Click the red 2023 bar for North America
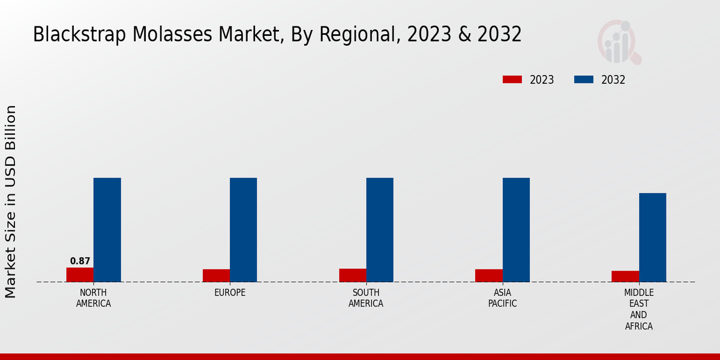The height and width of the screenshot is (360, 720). (x=80, y=274)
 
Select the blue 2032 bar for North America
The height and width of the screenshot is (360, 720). (x=107, y=230)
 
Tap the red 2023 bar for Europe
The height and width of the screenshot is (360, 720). (x=216, y=275)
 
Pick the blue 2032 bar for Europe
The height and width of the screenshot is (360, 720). (x=243, y=230)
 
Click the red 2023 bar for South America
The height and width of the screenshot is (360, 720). (x=352, y=275)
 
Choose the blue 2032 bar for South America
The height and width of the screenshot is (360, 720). (x=380, y=230)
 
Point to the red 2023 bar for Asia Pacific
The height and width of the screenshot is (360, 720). (x=488, y=275)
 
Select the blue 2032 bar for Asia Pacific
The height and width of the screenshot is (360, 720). (x=516, y=230)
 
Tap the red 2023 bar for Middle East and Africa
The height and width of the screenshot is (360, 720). (x=625, y=276)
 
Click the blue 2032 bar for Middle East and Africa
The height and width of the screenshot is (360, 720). (x=652, y=237)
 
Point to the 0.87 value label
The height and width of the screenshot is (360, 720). (x=80, y=261)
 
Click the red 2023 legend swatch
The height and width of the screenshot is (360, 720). (x=512, y=80)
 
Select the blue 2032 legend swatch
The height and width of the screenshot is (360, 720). (x=584, y=80)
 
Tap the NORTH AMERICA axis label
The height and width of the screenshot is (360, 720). (x=94, y=298)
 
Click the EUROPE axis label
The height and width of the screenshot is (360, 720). (x=230, y=293)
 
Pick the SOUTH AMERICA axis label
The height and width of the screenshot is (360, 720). (x=366, y=298)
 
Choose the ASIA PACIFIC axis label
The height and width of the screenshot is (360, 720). (x=502, y=298)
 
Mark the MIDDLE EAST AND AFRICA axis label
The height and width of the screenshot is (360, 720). (x=638, y=310)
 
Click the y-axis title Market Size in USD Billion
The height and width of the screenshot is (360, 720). (x=11, y=202)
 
